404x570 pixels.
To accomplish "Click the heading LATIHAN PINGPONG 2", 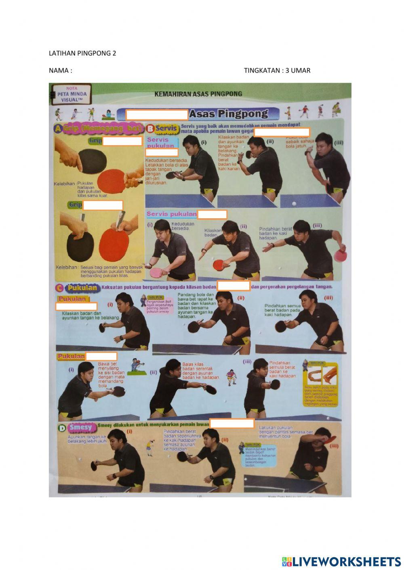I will tap(82, 53).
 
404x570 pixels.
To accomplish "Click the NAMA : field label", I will tap(61, 70).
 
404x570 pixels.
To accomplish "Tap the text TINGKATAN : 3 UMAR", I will tap(277, 70).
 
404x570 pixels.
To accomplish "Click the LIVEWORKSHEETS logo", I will tap(341, 561).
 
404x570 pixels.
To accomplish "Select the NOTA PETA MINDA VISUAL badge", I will tap(72, 94).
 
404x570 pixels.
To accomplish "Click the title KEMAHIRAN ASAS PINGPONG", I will tap(198, 94).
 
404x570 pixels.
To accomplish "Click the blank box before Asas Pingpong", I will tap(157, 115).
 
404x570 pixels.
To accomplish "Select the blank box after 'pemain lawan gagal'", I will tap(282, 132).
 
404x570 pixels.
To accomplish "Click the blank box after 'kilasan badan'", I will tap(234, 286).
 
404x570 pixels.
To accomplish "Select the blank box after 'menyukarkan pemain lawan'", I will tap(231, 424).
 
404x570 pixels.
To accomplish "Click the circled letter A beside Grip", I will tap(58, 129).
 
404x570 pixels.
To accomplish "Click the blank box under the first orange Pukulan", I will tap(76, 306).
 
